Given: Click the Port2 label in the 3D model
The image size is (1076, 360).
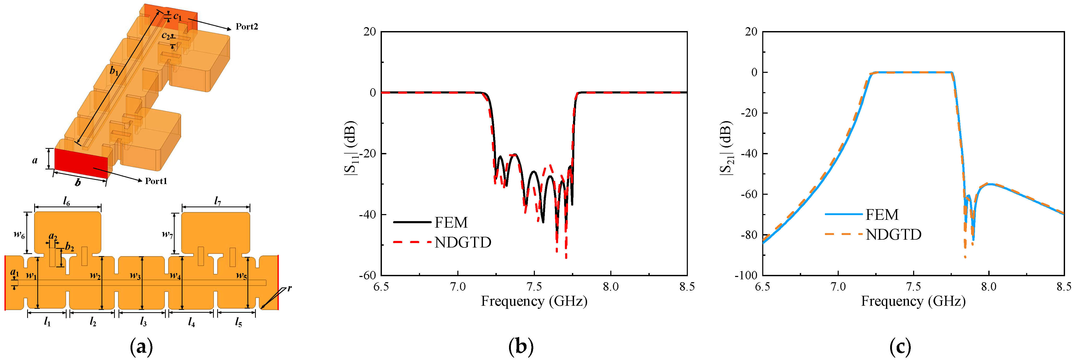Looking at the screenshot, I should click(x=246, y=27).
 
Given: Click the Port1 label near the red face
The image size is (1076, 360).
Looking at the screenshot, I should click(x=156, y=181).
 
